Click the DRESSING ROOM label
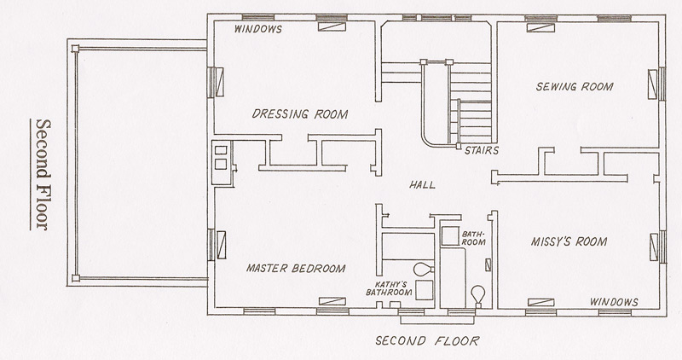click(300, 114)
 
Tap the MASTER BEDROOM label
click(296, 268)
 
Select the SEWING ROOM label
click(575, 87)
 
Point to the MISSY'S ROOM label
click(569, 241)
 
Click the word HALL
click(422, 185)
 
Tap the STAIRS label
click(482, 151)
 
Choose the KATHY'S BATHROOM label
click(389, 288)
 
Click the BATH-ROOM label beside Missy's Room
click(474, 238)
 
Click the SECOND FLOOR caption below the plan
click(428, 340)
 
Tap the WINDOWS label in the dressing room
click(258, 29)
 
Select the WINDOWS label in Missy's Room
click(614, 302)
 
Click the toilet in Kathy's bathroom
click(423, 269)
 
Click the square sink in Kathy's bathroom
click(425, 290)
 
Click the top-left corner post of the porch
click(75, 49)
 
